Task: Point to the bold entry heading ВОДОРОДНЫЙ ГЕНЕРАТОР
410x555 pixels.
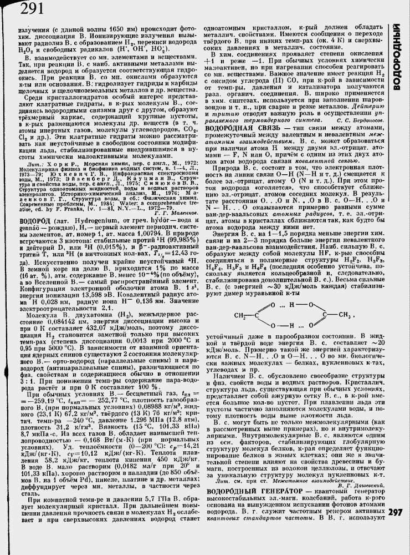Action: click(248, 476)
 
